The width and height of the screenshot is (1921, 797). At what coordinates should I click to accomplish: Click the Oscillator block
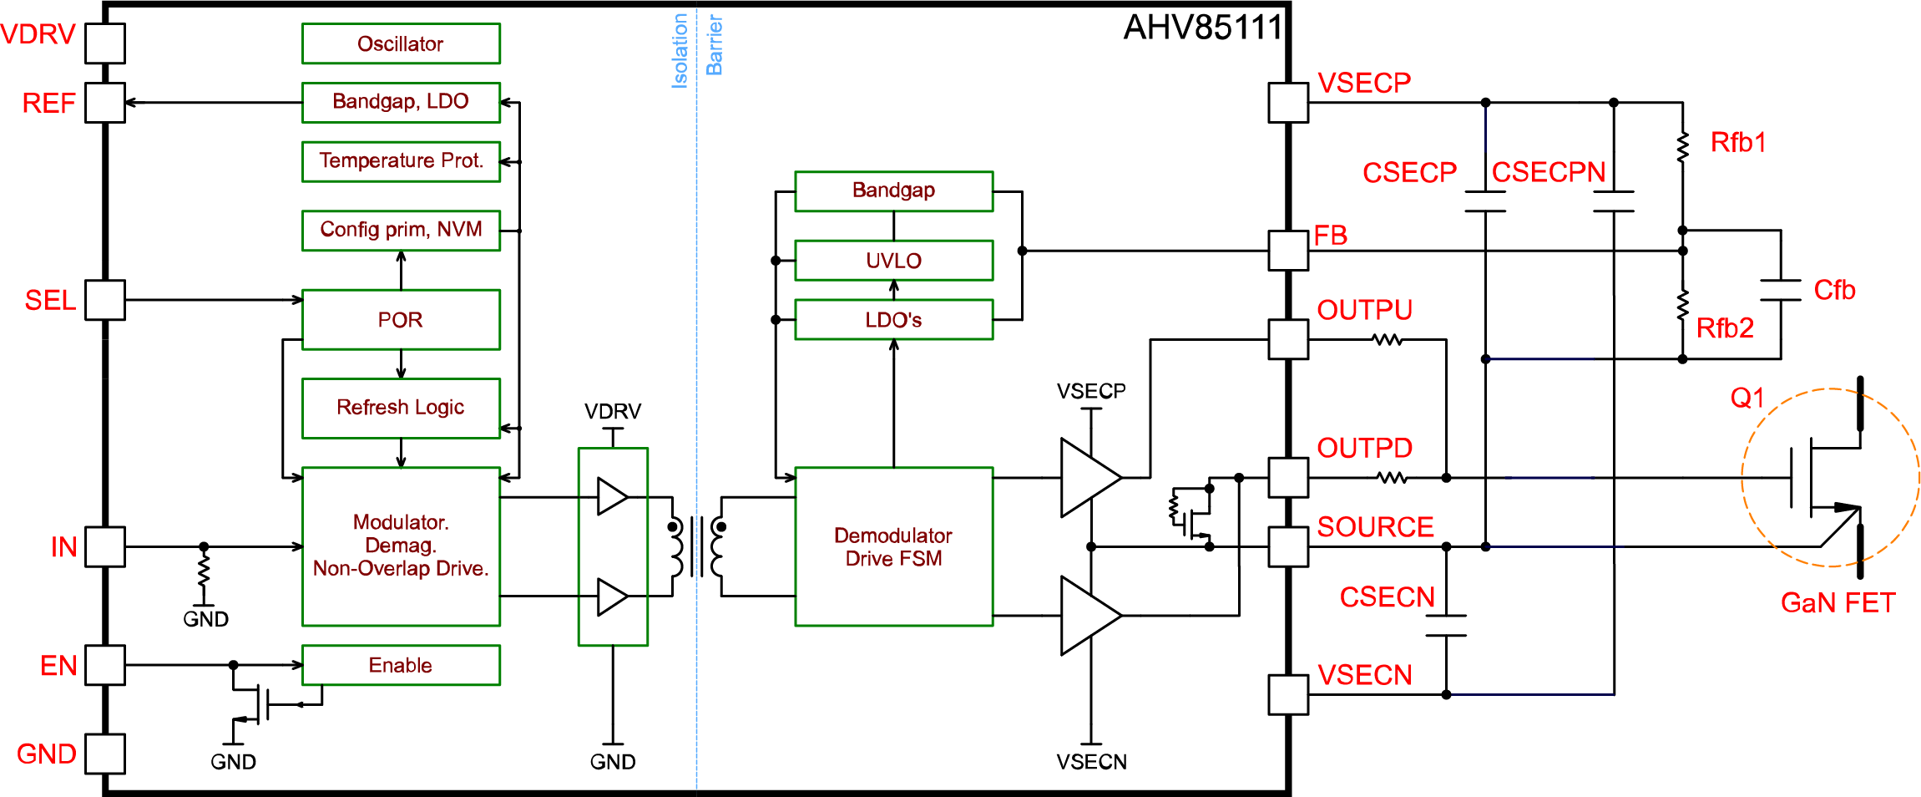pos(401,43)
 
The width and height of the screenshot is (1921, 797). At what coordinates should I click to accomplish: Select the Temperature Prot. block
pos(401,160)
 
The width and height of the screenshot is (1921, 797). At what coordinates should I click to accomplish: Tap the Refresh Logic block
pos(401,408)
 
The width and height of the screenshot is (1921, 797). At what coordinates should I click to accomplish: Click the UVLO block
pos(893,261)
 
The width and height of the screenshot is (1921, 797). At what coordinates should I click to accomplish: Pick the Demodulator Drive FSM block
pos(893,546)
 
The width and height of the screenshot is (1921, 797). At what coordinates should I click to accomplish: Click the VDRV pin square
pos(105,43)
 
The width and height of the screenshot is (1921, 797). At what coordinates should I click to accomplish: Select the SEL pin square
pos(105,300)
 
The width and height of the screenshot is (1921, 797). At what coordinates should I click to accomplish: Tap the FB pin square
pos(1288,251)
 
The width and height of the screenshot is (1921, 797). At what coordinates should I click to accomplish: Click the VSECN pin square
pos(1288,694)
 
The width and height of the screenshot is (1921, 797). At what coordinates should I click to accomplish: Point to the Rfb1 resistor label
pos(1738,143)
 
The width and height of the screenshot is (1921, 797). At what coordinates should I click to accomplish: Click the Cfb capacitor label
pos(1834,291)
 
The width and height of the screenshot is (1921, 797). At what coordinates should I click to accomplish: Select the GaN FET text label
pos(1838,602)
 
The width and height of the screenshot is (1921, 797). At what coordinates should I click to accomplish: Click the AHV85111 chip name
pos(1202,28)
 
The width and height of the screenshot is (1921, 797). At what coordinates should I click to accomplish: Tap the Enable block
pos(401,665)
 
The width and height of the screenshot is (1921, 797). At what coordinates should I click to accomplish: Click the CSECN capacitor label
pos(1387,597)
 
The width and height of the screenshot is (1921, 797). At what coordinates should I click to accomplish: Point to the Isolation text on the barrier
pos(680,50)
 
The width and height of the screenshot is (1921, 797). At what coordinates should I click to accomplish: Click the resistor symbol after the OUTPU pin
pos(1387,340)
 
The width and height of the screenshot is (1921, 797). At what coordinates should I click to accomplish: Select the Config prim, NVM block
pos(401,230)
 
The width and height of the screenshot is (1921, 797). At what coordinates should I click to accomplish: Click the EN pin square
pos(105,665)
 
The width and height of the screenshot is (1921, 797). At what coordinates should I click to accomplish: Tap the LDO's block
pos(893,320)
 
